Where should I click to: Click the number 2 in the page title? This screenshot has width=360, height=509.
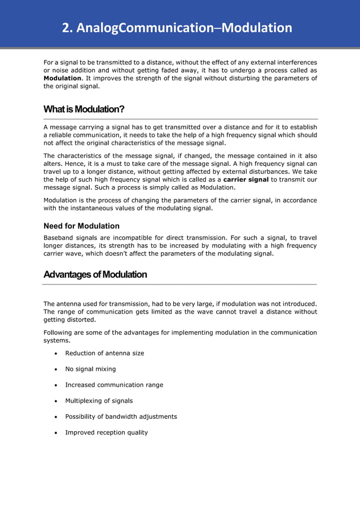[66, 28]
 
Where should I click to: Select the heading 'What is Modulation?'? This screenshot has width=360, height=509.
[84, 109]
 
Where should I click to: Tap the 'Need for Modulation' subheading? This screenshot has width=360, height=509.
[81, 226]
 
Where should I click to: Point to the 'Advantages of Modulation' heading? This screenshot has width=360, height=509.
[95, 275]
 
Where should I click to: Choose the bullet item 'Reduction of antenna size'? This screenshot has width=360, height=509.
[104, 353]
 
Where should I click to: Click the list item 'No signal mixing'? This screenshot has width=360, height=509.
[90, 369]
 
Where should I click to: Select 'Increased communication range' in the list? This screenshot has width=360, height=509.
[114, 385]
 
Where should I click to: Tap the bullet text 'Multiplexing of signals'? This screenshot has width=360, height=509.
[99, 401]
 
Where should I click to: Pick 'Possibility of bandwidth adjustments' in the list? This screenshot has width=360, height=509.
[121, 416]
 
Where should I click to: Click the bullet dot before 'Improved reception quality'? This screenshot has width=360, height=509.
[56, 433]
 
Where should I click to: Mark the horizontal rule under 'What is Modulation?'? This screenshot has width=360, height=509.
[181, 119]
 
